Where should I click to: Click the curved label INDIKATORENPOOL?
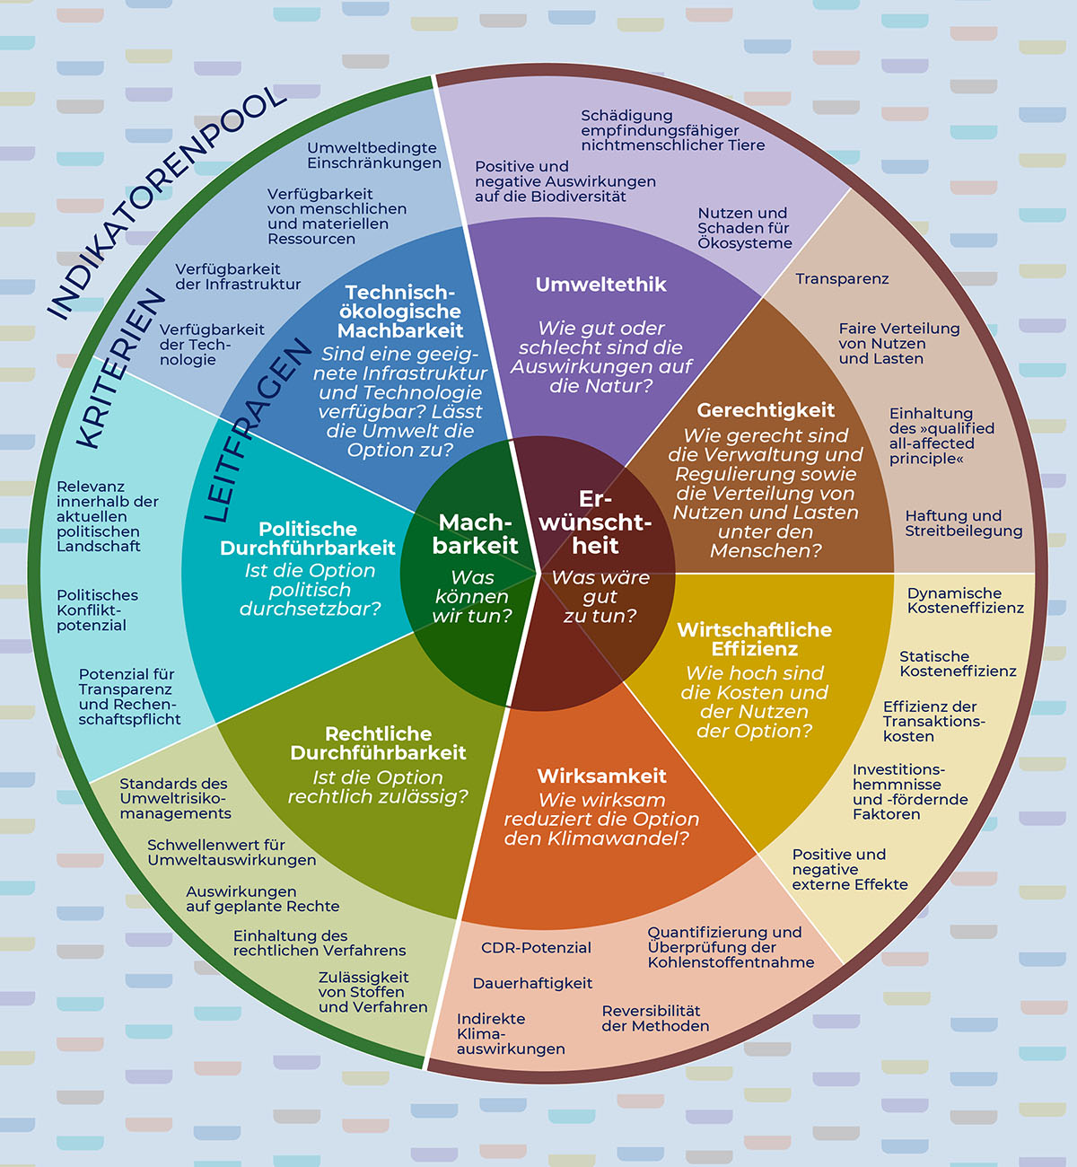click(166, 202)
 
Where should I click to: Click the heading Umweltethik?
click(600, 285)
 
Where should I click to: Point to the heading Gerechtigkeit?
click(766, 410)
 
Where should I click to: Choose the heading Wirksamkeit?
click(601, 776)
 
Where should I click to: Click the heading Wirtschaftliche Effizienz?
click(754, 639)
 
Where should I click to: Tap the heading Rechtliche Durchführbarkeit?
click(378, 743)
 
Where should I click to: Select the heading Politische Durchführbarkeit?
click(308, 539)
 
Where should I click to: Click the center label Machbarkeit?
click(475, 534)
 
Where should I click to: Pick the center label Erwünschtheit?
click(594, 522)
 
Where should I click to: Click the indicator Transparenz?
click(842, 279)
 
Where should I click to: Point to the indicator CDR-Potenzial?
click(536, 948)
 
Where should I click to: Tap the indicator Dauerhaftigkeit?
click(532, 984)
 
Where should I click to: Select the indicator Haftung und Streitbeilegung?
click(963, 523)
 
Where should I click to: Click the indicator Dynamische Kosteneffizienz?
click(965, 601)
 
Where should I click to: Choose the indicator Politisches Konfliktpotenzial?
click(97, 610)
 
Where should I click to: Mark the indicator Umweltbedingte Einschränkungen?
click(373, 155)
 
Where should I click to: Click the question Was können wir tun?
click(472, 596)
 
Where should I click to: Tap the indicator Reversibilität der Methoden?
click(655, 1019)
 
